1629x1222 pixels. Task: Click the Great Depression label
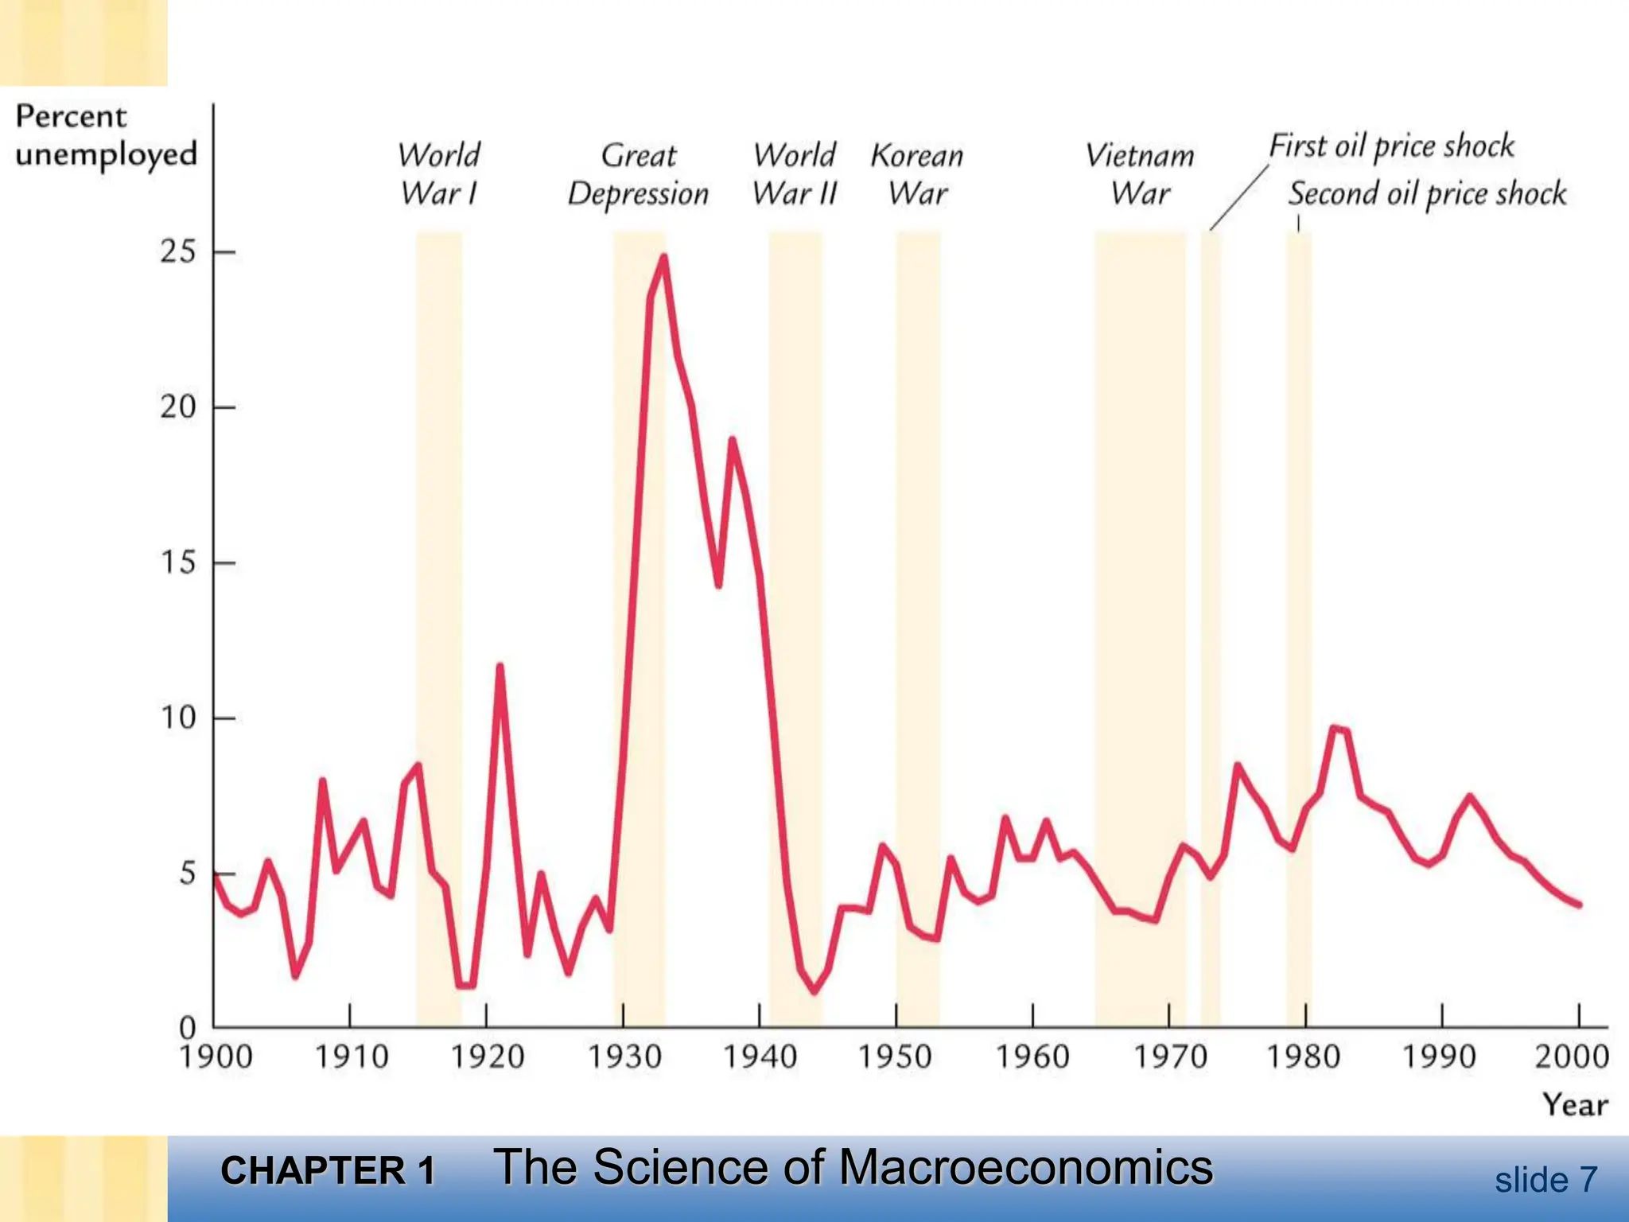[638, 174]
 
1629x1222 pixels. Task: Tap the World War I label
[439, 174]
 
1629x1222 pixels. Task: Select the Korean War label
[917, 174]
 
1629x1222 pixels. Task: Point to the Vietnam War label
[1140, 174]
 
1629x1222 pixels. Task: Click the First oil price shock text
[1391, 146]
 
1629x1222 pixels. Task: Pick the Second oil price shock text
[1427, 194]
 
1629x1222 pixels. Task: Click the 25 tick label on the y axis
[178, 252]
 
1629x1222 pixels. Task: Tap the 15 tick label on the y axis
[178, 563]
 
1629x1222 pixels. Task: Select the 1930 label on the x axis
[624, 1057]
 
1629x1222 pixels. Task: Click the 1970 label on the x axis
[1169, 1057]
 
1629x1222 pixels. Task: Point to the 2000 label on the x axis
[1572, 1057]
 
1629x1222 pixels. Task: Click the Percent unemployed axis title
[105, 135]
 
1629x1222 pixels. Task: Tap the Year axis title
[1575, 1105]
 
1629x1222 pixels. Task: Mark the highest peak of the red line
[663, 257]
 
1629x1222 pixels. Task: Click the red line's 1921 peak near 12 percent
[500, 667]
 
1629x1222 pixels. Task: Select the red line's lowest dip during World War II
[814, 990]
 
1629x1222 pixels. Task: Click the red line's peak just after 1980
[1334, 727]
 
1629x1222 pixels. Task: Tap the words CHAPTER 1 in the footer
[328, 1171]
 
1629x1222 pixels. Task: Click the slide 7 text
[1545, 1180]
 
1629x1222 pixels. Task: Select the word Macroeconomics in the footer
[1025, 1168]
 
